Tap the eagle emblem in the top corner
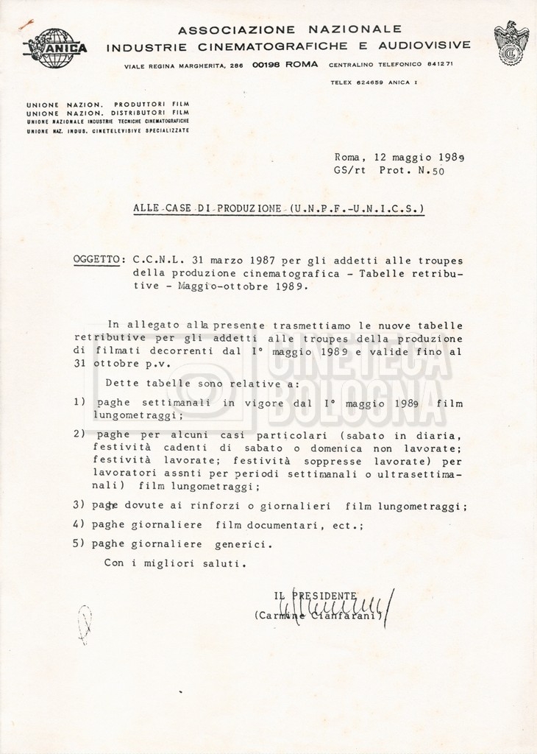click(x=511, y=43)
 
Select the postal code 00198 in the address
click(x=265, y=65)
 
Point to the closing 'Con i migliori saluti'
click(x=175, y=563)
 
